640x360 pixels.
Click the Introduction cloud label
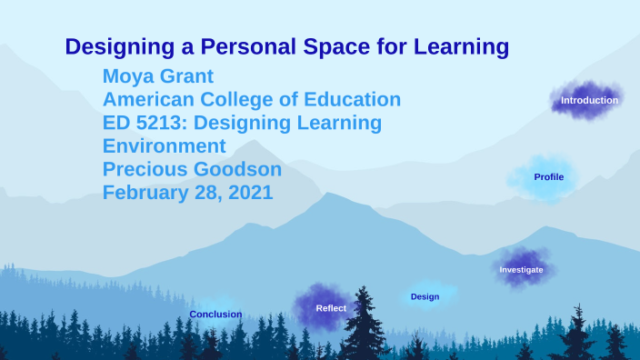[589, 100]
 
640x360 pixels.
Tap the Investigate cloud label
[521, 270]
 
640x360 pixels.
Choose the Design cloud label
[425, 297]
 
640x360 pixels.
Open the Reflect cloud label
[330, 308]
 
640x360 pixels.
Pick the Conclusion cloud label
[215, 315]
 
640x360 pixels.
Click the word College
[237, 99]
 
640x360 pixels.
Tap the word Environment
[164, 146]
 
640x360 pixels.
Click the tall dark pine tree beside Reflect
[365, 323]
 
